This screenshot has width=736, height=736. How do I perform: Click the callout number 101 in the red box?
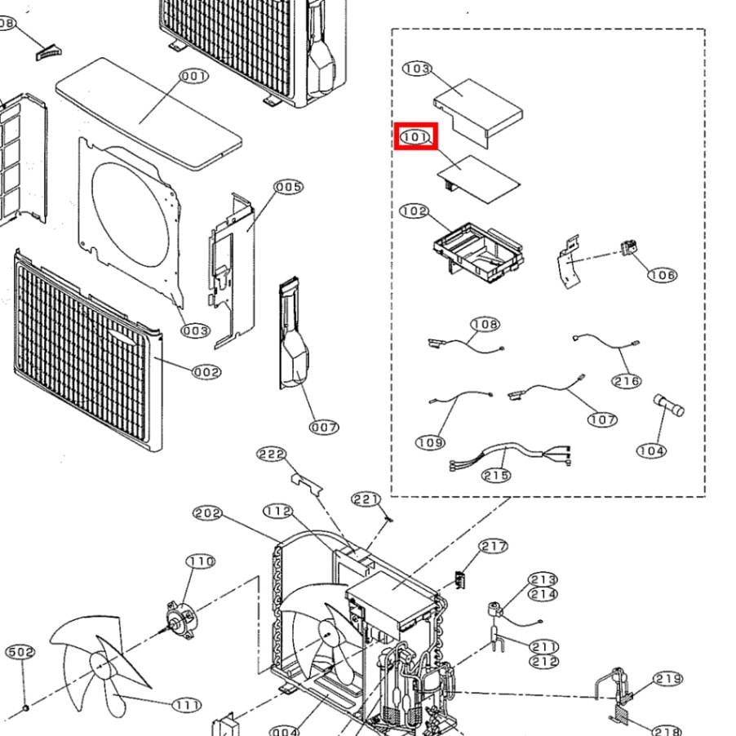click(x=416, y=137)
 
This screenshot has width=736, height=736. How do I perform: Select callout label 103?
click(x=417, y=69)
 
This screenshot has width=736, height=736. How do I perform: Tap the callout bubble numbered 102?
click(x=415, y=211)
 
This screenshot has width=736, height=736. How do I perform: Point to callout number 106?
click(x=662, y=275)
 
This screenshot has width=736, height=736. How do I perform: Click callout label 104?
click(x=651, y=450)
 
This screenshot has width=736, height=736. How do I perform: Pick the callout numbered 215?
click(x=496, y=475)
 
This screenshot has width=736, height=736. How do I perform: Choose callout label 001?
click(x=194, y=77)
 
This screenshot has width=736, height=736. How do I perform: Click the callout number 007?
click(x=324, y=427)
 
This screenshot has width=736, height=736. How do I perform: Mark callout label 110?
click(x=201, y=561)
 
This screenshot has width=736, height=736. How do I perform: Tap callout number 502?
click(x=20, y=652)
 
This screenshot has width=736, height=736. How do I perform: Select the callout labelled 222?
click(x=272, y=454)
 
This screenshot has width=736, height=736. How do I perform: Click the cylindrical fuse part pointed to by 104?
click(x=668, y=405)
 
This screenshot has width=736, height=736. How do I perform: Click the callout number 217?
click(x=494, y=547)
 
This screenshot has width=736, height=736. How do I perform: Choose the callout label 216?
click(x=627, y=381)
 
